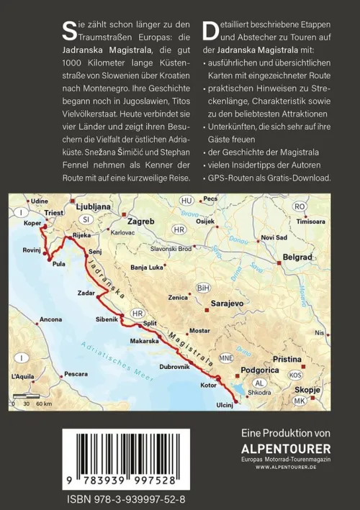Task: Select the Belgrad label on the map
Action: click(x=297, y=257)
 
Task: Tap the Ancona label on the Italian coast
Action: click(x=50, y=319)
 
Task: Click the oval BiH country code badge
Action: click(x=203, y=288)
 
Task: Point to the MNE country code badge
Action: click(x=226, y=358)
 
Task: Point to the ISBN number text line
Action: click(x=125, y=498)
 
